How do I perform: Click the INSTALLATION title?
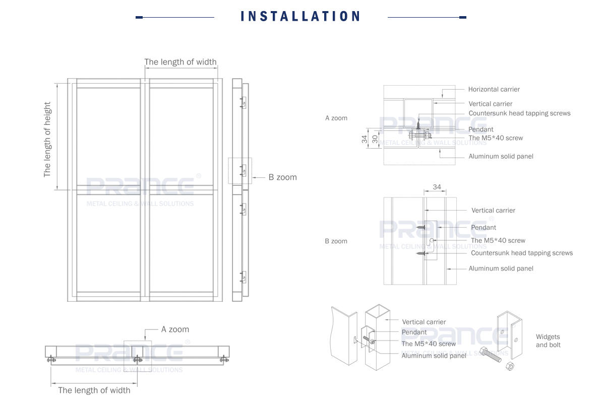pyautogui.click(x=301, y=16)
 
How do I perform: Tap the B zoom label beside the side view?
pyautogui.click(x=282, y=177)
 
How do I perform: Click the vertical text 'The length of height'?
pyautogui.click(x=47, y=139)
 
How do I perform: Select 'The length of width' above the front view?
pyautogui.click(x=180, y=62)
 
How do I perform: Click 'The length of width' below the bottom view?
pyautogui.click(x=94, y=390)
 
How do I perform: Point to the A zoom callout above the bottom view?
pyautogui.click(x=175, y=329)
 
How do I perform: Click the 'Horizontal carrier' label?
pyautogui.click(x=494, y=89)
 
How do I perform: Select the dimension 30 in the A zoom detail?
pyautogui.click(x=375, y=139)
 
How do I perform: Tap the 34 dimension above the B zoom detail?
pyautogui.click(x=437, y=187)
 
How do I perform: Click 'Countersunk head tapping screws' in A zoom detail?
pyautogui.click(x=519, y=113)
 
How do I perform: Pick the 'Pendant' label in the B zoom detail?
pyautogui.click(x=483, y=228)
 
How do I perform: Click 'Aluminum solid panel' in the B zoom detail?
pyautogui.click(x=501, y=268)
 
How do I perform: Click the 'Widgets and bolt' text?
pyautogui.click(x=548, y=341)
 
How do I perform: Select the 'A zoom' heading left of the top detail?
pyautogui.click(x=336, y=118)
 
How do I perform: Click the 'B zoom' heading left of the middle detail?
pyautogui.click(x=336, y=241)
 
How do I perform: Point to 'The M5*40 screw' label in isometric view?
pyautogui.click(x=429, y=344)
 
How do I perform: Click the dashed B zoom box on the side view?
pyautogui.click(x=240, y=171)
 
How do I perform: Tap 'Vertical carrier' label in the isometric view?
pyautogui.click(x=424, y=322)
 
